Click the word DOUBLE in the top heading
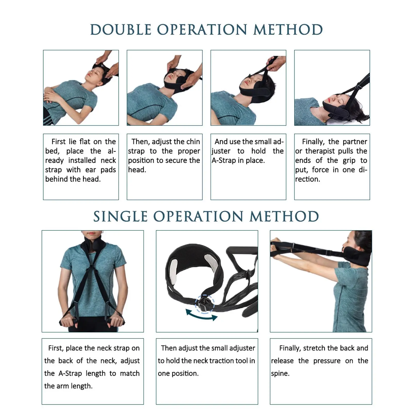click(121, 30)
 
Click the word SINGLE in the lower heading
click(120, 216)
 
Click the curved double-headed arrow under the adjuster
click(201, 317)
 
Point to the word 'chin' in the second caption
click(193, 142)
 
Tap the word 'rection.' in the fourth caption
click(308, 179)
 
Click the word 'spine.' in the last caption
click(280, 374)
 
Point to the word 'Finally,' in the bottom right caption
click(290, 348)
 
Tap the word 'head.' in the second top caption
click(137, 170)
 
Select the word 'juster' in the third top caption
click(221, 151)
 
